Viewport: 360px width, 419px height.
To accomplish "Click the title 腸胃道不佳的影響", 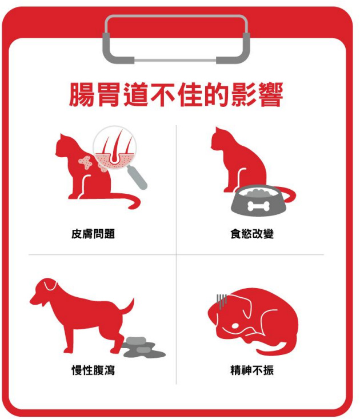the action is (176, 94).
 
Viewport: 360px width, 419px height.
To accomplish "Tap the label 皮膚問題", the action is (93, 234).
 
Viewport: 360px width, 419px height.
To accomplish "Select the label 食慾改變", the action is (252, 234).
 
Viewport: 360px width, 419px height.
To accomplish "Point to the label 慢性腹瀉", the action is (93, 370).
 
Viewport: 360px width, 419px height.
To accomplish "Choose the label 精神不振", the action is (252, 370).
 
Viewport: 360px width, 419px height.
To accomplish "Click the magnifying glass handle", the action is (137, 177).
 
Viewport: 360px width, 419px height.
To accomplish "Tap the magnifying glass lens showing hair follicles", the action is (114, 147).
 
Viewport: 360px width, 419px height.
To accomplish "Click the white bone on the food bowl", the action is (258, 206).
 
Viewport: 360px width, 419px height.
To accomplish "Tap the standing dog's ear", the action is (50, 285).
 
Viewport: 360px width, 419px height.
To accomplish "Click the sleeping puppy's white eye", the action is (235, 326).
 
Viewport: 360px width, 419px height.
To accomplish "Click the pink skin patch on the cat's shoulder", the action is (86, 162).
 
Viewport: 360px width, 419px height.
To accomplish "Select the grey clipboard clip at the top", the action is (176, 39).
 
